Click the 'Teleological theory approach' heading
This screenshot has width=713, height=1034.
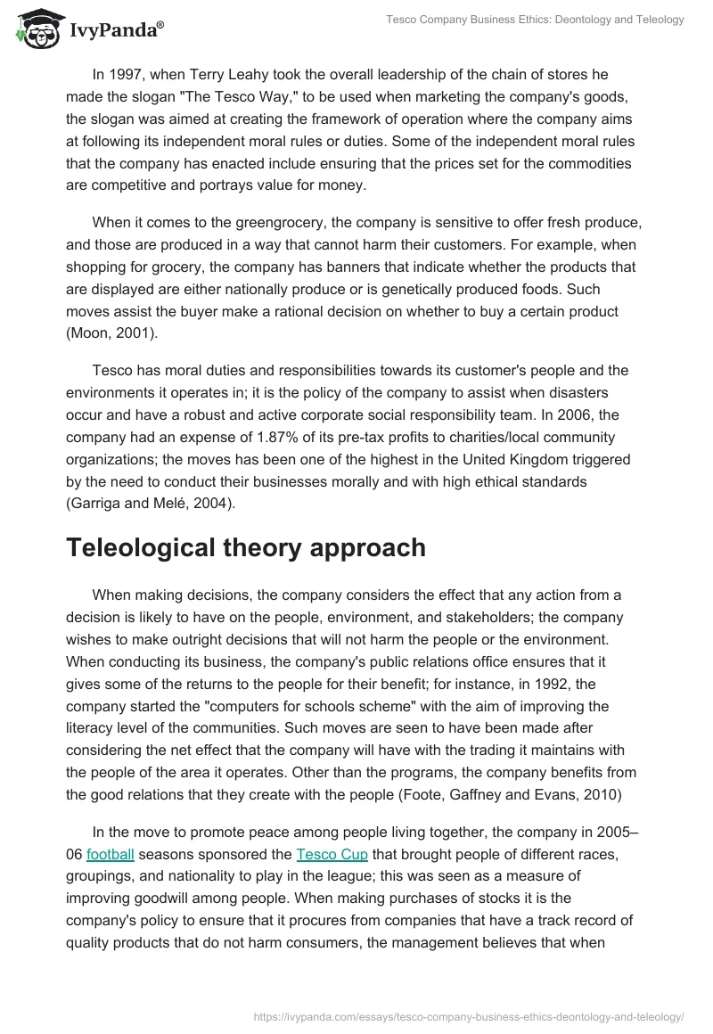246,547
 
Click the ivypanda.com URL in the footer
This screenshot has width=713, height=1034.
469,1015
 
